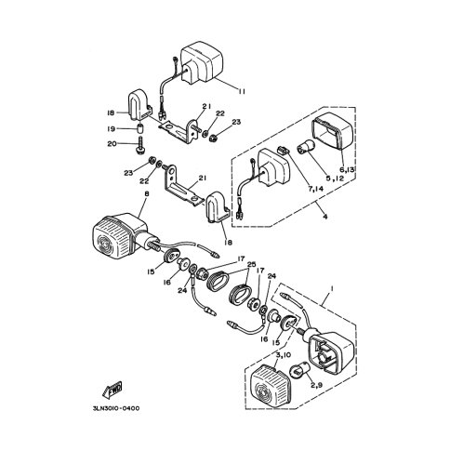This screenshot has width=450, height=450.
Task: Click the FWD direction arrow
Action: [112, 390]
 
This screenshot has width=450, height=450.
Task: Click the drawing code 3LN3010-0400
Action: [116, 408]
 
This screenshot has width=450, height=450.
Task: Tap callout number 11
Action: [242, 91]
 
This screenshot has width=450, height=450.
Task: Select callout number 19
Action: [112, 129]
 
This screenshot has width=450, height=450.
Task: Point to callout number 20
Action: [112, 144]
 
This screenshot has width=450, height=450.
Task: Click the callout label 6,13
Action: [347, 169]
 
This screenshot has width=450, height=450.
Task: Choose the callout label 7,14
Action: [314, 188]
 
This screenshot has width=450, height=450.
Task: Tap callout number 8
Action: [147, 194]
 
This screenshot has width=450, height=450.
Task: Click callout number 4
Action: [324, 217]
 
